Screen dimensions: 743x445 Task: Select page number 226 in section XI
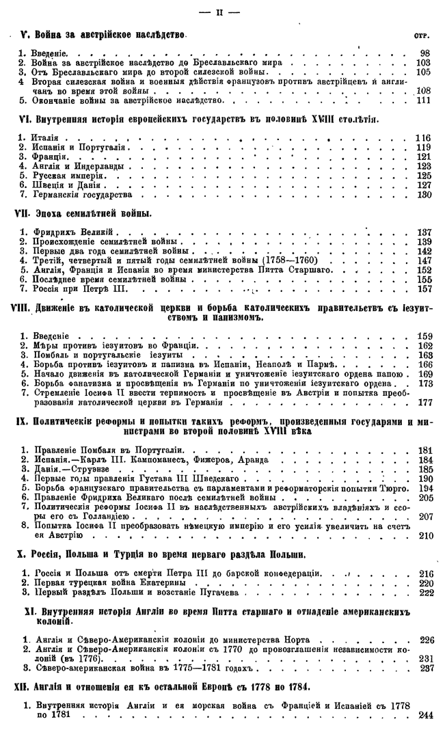(422, 640)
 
